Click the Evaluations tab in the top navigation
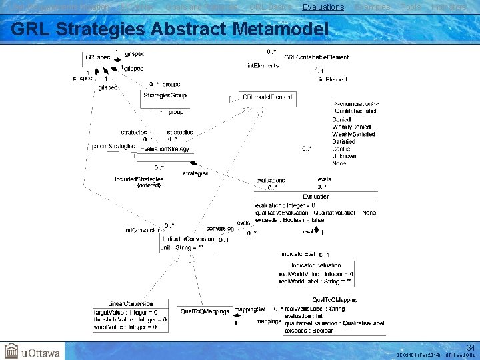tap(323, 7)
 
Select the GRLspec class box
tap(97, 57)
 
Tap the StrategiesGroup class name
tap(165, 95)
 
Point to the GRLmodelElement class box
tap(263, 97)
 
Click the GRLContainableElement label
tap(316, 57)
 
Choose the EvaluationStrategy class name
tap(165, 150)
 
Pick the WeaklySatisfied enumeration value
tap(353, 134)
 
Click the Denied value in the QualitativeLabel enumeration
tap(341, 119)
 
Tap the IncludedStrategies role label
tap(139, 180)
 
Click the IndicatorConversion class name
tap(187, 238)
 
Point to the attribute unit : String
tap(181, 247)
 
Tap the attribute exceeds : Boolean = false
tap(289, 220)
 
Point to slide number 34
tap(470, 347)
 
